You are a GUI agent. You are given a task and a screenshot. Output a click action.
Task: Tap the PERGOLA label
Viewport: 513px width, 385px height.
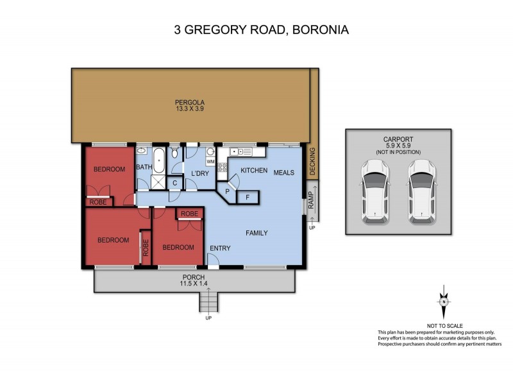(189, 102)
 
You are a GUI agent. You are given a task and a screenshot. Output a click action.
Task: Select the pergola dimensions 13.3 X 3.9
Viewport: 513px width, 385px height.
(189, 109)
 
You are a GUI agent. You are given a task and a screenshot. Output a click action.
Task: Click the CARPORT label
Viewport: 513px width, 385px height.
(398, 139)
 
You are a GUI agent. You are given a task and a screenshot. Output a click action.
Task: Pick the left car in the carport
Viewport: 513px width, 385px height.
(374, 192)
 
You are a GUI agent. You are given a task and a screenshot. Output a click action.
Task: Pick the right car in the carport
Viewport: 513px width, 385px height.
(421, 192)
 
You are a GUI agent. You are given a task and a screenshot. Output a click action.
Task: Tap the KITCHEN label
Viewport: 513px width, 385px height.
(253, 171)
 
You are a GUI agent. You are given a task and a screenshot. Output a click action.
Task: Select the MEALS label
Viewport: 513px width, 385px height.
(284, 172)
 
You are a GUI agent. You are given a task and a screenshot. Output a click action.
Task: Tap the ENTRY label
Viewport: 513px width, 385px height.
(221, 248)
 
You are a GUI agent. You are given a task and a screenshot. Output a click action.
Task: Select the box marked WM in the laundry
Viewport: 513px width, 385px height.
(210, 162)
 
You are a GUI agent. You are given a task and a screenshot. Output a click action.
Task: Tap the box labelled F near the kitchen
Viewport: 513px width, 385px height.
(248, 198)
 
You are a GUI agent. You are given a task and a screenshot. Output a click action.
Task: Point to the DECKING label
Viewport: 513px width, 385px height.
(312, 160)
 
